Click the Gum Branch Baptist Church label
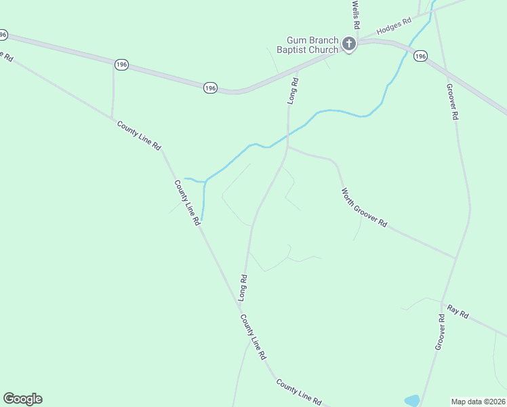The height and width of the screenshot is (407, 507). click(308, 45)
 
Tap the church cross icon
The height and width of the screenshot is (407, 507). click(349, 45)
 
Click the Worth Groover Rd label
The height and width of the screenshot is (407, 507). click(364, 208)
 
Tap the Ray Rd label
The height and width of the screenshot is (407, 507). click(458, 312)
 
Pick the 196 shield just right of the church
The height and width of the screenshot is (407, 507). click(420, 56)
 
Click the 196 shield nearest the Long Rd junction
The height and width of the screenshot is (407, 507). click(210, 88)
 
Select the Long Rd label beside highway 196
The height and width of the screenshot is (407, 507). click(293, 90)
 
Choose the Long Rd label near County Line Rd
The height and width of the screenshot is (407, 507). click(243, 288)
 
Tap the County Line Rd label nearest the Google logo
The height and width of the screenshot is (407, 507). click(298, 392)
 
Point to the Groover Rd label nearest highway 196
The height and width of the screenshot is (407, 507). click(451, 102)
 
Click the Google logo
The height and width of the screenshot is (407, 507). click(22, 399)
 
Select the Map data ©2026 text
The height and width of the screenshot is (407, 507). click(479, 401)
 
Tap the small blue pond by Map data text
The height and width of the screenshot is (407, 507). click(412, 401)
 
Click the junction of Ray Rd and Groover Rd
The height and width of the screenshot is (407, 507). click(441, 303)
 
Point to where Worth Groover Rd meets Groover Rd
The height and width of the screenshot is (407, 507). click(455, 258)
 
